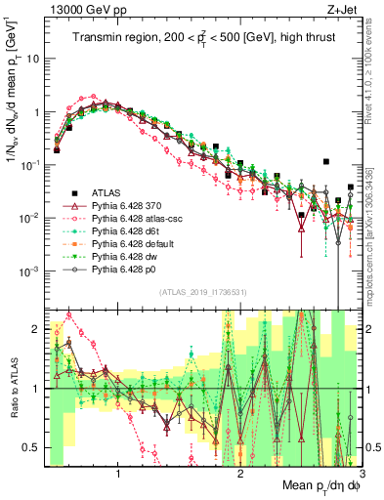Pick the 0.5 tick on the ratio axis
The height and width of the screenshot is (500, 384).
tap(29, 447)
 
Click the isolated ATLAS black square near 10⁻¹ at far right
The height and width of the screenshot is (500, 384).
tap(326, 161)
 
